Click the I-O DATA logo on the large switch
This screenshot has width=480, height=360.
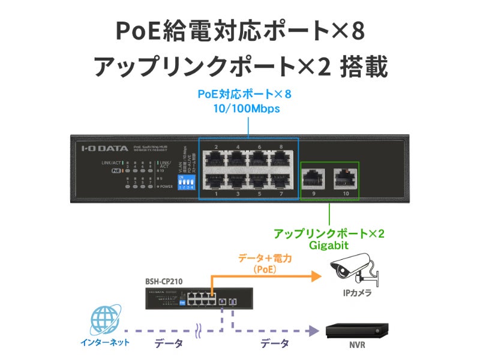coord(104,146)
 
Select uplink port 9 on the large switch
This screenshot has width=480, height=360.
coord(312,176)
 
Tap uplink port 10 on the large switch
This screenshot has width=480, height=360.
coord(344,176)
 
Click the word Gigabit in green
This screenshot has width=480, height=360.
coord(329,245)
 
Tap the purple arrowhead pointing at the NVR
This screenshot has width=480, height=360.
coord(313,331)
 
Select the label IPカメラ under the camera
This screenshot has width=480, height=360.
coord(357,293)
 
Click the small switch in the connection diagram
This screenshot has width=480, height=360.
coord(180,298)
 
